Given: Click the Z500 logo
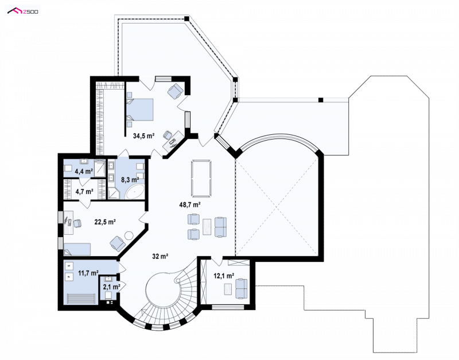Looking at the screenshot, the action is (23, 11).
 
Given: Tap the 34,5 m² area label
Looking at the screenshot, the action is (143, 136).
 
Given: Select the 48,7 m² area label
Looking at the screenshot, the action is (190, 205).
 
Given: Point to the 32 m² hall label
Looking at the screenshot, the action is (160, 256).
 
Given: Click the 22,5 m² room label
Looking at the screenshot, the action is (105, 222).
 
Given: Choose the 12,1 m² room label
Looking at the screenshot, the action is (224, 276).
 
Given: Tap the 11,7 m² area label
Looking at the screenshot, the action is (88, 273).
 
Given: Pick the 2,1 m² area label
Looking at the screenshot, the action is (111, 287).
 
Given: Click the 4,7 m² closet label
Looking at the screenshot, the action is (84, 192).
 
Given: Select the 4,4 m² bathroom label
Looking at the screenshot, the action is (84, 171).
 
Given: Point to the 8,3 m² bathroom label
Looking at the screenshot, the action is (130, 180).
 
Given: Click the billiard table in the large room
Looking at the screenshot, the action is (201, 178).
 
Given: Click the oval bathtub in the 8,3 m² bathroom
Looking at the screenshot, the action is (135, 192).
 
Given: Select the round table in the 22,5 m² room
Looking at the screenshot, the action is (129, 235).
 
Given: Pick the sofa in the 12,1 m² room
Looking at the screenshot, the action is (241, 289).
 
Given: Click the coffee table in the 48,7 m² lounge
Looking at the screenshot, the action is (207, 227).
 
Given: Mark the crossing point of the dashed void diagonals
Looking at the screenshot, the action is (277, 207).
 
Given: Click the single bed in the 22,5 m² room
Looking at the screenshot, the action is (77, 249).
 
